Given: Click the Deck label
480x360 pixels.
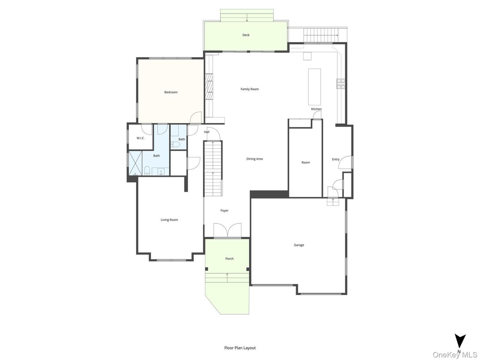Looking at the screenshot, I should pos(246,35).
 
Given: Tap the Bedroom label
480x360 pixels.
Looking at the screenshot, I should pos(171,92).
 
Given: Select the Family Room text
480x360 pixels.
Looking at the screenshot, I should pos(249,89).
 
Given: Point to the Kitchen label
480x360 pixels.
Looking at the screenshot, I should pos(316,109).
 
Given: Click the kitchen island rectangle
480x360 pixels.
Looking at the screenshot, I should pos(315,86).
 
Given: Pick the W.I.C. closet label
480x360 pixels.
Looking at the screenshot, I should pos(141,138).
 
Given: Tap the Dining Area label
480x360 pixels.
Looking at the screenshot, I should pos(254,159).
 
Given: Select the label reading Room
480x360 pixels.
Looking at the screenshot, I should pos(305,163).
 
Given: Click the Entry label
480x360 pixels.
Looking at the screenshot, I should pos(335,159).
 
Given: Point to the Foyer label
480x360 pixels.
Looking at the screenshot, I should pos(224,210).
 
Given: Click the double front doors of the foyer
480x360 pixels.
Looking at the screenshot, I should pos(227,230).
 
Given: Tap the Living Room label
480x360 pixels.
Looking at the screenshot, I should pos(169,220).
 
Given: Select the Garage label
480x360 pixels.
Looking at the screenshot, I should pos(299,245).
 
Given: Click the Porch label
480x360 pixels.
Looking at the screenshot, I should pos(229,258).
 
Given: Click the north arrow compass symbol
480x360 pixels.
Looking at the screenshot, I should pos(460,341).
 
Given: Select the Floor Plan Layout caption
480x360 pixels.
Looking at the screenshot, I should pos(240,347).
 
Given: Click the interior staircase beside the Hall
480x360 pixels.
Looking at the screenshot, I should pos(213,168).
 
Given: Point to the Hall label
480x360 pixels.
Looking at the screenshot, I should pos(206,132).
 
